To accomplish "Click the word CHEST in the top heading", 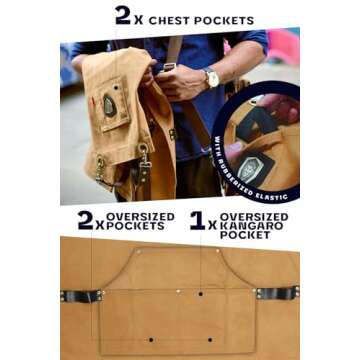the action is click(x=169, y=20).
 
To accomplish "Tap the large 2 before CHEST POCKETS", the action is click(x=122, y=15).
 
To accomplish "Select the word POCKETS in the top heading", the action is click(x=223, y=20).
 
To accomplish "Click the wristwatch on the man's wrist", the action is click(x=211, y=77).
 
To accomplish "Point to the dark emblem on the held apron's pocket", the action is click(x=110, y=105).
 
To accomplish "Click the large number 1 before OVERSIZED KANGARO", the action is click(x=197, y=220).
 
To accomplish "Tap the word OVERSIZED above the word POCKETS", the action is click(x=140, y=217).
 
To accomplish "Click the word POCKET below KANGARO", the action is click(x=245, y=235).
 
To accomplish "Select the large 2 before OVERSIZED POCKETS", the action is click(x=85, y=220).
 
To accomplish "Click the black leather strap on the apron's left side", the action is click(x=81, y=295).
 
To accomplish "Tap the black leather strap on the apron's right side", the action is click(x=278, y=293).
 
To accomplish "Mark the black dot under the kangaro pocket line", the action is click(x=200, y=294).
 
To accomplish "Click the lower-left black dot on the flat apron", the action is click(x=151, y=340).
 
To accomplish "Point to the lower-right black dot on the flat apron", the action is click(x=210, y=340).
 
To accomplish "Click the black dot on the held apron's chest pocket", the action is click(x=116, y=88).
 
